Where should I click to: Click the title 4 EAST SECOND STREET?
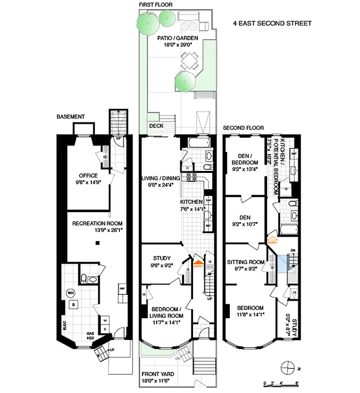click(272, 23)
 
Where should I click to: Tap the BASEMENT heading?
click(70, 117)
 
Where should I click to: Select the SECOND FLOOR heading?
click(243, 128)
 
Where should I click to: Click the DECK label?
click(156, 126)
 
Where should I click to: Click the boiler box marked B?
click(73, 305)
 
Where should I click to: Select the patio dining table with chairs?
click(188, 61)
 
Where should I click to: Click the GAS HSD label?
click(91, 335)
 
